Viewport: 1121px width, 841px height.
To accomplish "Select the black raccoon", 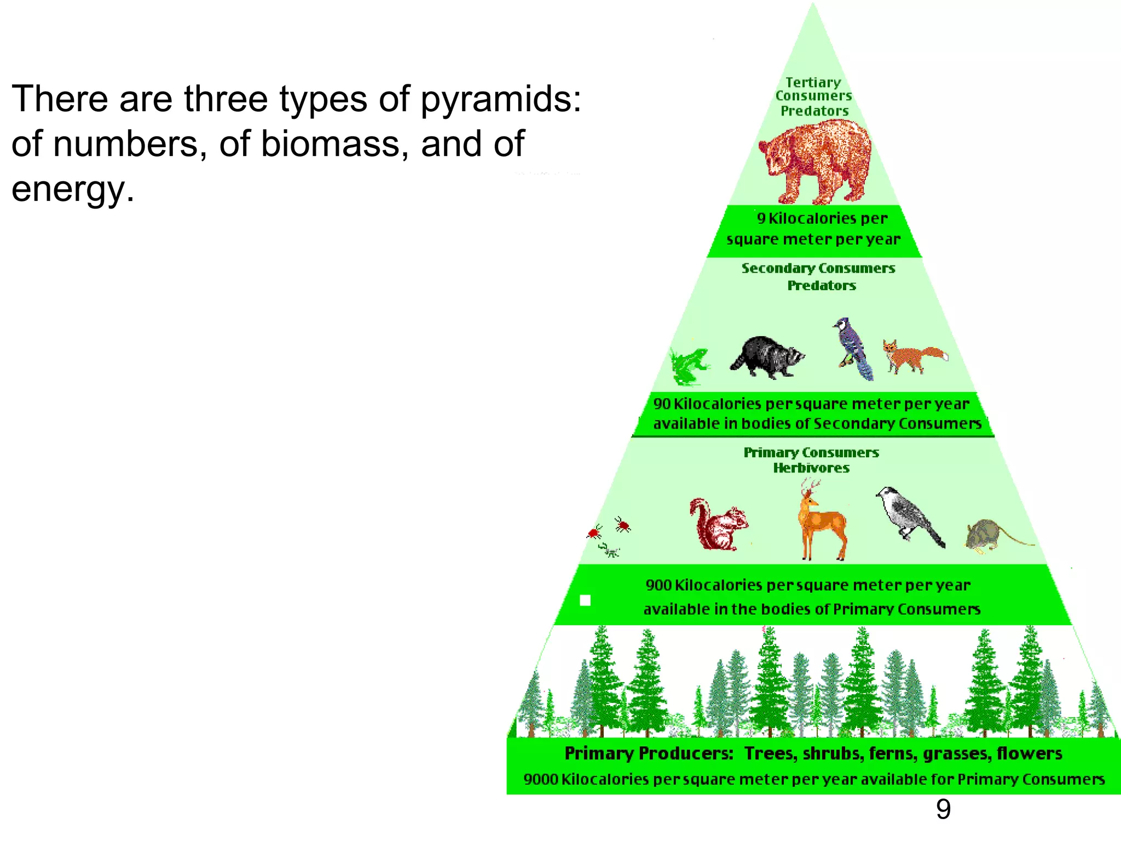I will pos(767,356).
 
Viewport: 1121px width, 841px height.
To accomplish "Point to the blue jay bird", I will pos(852,348).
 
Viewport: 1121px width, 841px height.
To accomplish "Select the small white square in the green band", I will pos(585,601).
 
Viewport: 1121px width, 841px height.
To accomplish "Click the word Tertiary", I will pos(813,83).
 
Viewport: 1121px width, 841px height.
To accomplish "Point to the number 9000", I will pos(541,779).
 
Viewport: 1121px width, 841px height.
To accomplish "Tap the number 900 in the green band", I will pos(658,585).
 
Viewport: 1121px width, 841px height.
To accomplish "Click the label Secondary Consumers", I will pos(818,268).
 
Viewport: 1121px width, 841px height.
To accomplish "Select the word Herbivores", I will pos(811,468).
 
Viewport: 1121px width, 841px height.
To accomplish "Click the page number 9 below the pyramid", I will pos(943,810).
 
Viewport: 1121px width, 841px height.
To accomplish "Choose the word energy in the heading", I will pos(72,189).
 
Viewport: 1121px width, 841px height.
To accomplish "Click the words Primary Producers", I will pos(649,753).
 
